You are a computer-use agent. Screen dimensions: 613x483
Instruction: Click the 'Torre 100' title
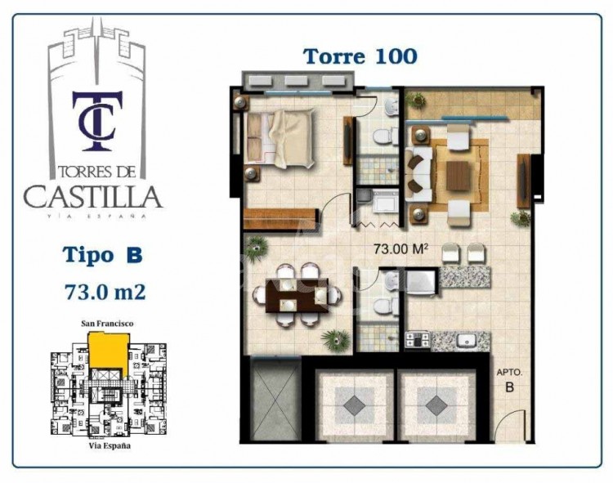pos(360,56)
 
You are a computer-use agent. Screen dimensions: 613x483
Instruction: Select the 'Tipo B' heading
pos(103,255)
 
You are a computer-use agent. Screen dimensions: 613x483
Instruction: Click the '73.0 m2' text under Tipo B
pos(105,292)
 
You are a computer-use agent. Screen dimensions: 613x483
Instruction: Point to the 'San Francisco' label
pos(107,324)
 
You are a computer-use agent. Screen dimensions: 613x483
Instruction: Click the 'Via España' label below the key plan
pos(110,446)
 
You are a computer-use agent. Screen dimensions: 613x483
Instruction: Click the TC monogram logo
pos(97,121)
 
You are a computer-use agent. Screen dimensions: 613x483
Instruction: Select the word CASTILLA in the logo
pos(93,196)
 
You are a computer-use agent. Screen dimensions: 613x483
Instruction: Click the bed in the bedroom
pos(280,138)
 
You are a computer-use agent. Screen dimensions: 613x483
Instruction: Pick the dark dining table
pos(298,295)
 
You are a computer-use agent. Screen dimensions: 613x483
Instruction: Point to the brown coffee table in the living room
pos(459,176)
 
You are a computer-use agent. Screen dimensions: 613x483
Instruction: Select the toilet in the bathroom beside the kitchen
pos(383,306)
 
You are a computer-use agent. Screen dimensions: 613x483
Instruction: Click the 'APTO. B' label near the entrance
pos(509,380)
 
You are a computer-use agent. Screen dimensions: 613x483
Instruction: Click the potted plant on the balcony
pos(416,100)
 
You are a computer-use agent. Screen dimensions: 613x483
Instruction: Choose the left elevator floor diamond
pos(354,406)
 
